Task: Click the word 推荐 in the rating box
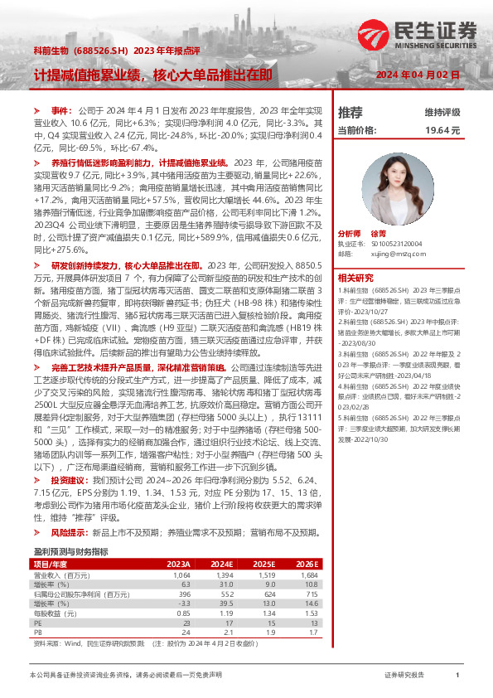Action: [350, 112]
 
